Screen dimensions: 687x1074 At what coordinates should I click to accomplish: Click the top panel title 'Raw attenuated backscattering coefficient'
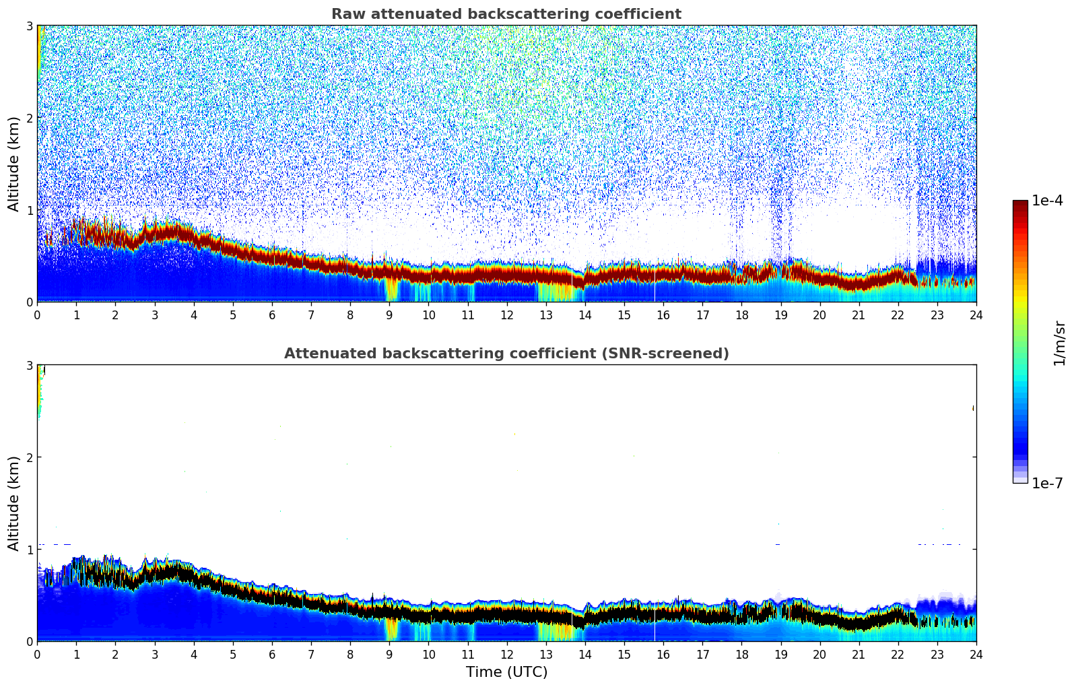pos(506,14)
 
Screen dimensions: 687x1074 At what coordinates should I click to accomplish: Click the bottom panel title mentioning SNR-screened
pos(506,354)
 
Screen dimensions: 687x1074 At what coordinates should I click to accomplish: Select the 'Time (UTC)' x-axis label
pos(506,672)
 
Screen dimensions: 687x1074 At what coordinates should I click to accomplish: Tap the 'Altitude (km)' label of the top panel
pos(13,164)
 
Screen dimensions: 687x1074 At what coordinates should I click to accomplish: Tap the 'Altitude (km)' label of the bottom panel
pos(13,503)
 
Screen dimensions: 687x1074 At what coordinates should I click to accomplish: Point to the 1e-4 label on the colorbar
pos(1047,201)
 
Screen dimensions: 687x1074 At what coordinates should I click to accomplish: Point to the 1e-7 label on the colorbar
pos(1047,484)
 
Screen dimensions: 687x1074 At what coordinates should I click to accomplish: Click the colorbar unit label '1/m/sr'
pos(1059,343)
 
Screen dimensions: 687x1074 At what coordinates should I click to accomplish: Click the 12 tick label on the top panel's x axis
pos(506,315)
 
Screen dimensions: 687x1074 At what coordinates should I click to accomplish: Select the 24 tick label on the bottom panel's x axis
pos(976,655)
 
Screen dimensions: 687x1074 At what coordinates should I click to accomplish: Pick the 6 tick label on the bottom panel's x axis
pos(272,655)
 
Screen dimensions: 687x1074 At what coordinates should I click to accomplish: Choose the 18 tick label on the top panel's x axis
pos(741,315)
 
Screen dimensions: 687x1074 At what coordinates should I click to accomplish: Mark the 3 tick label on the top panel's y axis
pos(30,26)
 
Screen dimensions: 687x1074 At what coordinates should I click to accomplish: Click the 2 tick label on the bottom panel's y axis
pos(30,457)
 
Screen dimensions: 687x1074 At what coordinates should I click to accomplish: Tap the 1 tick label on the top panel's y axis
pos(30,210)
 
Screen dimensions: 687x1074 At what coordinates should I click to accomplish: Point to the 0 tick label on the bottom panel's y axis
pos(30,642)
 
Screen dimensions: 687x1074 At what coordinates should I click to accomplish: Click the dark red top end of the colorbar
pos(1020,203)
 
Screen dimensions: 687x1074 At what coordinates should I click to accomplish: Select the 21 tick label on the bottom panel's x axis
pos(859,655)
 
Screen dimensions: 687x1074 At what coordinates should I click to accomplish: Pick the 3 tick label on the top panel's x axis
pos(155,315)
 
